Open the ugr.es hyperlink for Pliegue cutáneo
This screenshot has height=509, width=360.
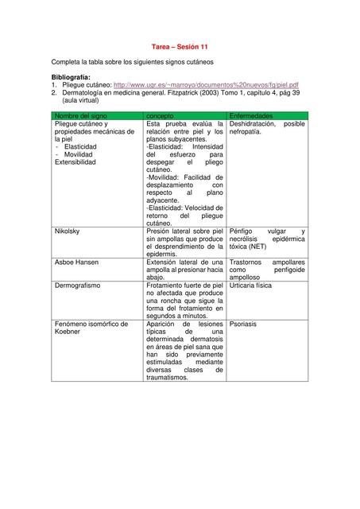(207, 84)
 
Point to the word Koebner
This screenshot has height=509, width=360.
(68, 332)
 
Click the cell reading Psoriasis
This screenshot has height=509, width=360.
(243, 324)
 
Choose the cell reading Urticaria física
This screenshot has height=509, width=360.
(255, 282)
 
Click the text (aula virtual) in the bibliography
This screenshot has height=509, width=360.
(83, 101)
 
